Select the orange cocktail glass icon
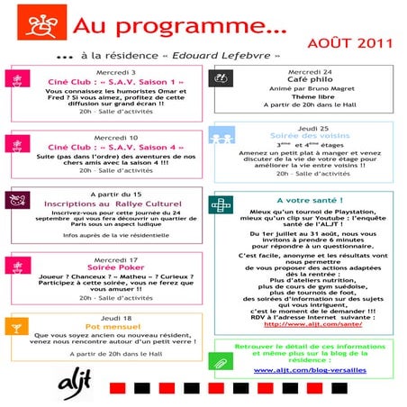pyautogui.click(x=16, y=326)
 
